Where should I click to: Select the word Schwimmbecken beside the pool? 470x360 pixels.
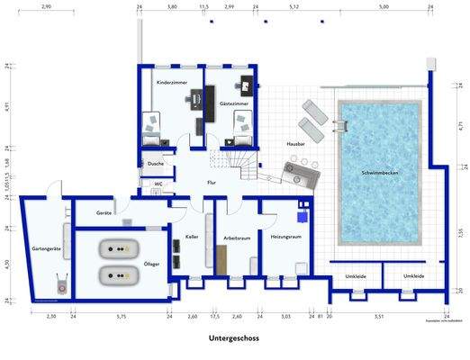tap(379, 172)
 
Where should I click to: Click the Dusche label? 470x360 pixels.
tap(156, 164)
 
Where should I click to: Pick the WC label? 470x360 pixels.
tap(158, 183)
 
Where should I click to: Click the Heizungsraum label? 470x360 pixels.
tap(285, 236)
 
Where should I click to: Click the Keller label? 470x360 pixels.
tap(191, 236)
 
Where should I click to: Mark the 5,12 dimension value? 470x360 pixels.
tap(294, 6)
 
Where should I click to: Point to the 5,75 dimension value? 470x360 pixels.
tap(121, 317)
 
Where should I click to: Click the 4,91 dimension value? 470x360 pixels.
tap(6, 105)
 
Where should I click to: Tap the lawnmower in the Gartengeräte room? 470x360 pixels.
tap(60, 283)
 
